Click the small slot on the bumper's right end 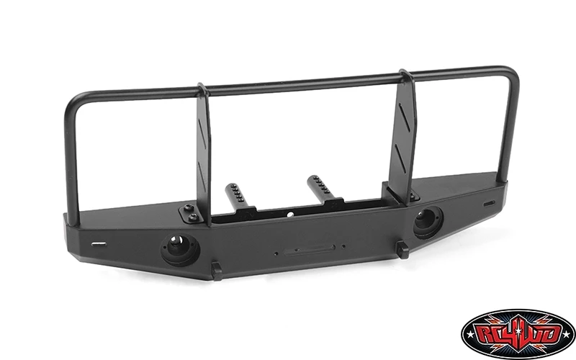pyautogui.click(x=490, y=203)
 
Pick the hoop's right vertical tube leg pyautogui.click(x=510, y=130)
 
